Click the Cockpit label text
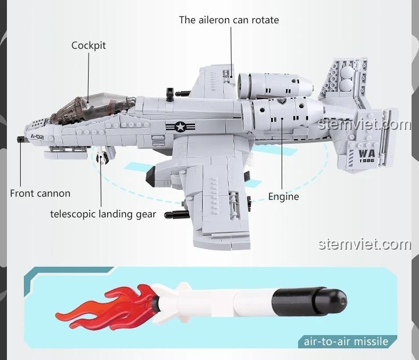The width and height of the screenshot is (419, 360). tap(89, 46)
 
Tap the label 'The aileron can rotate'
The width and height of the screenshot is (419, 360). tap(229, 20)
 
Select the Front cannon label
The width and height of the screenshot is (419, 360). tap(40, 194)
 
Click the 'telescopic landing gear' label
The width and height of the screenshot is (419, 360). tap(103, 214)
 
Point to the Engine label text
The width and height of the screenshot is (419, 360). tap(283, 197)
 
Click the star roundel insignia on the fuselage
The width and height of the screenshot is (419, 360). tap(180, 127)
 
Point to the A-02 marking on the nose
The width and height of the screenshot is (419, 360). tap(38, 137)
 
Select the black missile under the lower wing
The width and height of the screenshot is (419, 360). tap(176, 215)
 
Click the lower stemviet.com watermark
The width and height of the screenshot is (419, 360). tap(364, 244)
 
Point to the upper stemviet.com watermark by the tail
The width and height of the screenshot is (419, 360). tap(365, 125)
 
